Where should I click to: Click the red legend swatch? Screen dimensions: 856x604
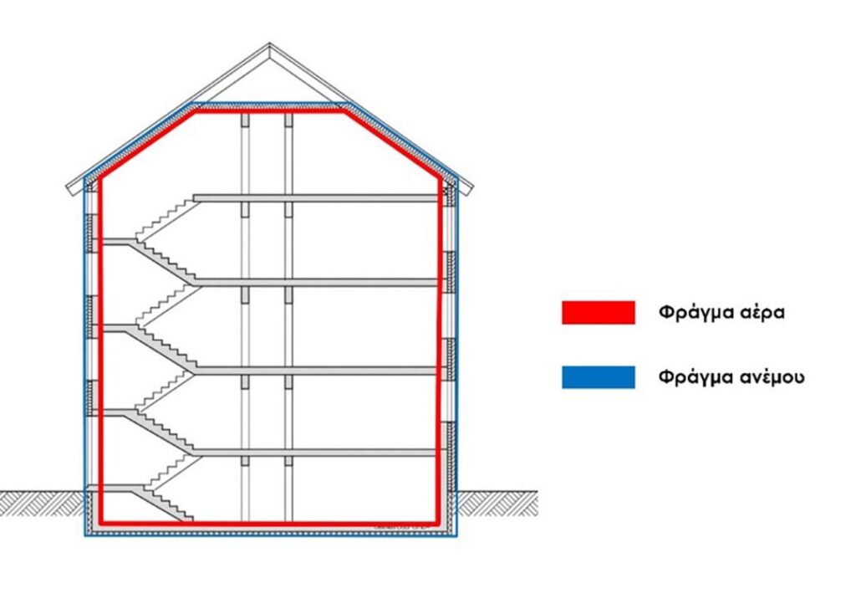tap(599, 312)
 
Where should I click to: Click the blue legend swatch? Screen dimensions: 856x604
tap(599, 377)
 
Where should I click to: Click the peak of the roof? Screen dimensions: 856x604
tap(269, 44)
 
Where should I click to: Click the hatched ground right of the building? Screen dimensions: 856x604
tap(497, 503)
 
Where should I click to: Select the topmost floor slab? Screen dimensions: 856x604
tap(316, 197)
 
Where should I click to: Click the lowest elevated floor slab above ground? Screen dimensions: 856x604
tap(316, 453)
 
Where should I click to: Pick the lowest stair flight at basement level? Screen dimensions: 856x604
tap(162, 504)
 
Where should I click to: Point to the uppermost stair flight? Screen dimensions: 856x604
tap(166, 218)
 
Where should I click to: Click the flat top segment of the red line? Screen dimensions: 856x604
tap(269, 112)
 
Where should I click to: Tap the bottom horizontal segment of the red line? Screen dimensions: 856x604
tap(269, 523)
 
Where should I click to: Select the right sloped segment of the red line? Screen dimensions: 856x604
tap(392, 144)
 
